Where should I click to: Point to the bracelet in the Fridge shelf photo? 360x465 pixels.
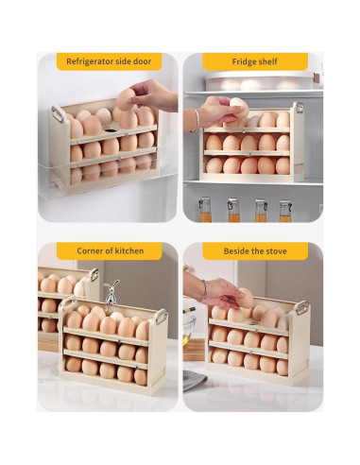coord(197,119)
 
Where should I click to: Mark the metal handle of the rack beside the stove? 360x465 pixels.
coord(301,307)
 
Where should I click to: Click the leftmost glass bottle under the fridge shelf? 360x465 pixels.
coord(204,209)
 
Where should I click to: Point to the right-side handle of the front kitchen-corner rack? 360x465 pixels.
coord(159,317)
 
